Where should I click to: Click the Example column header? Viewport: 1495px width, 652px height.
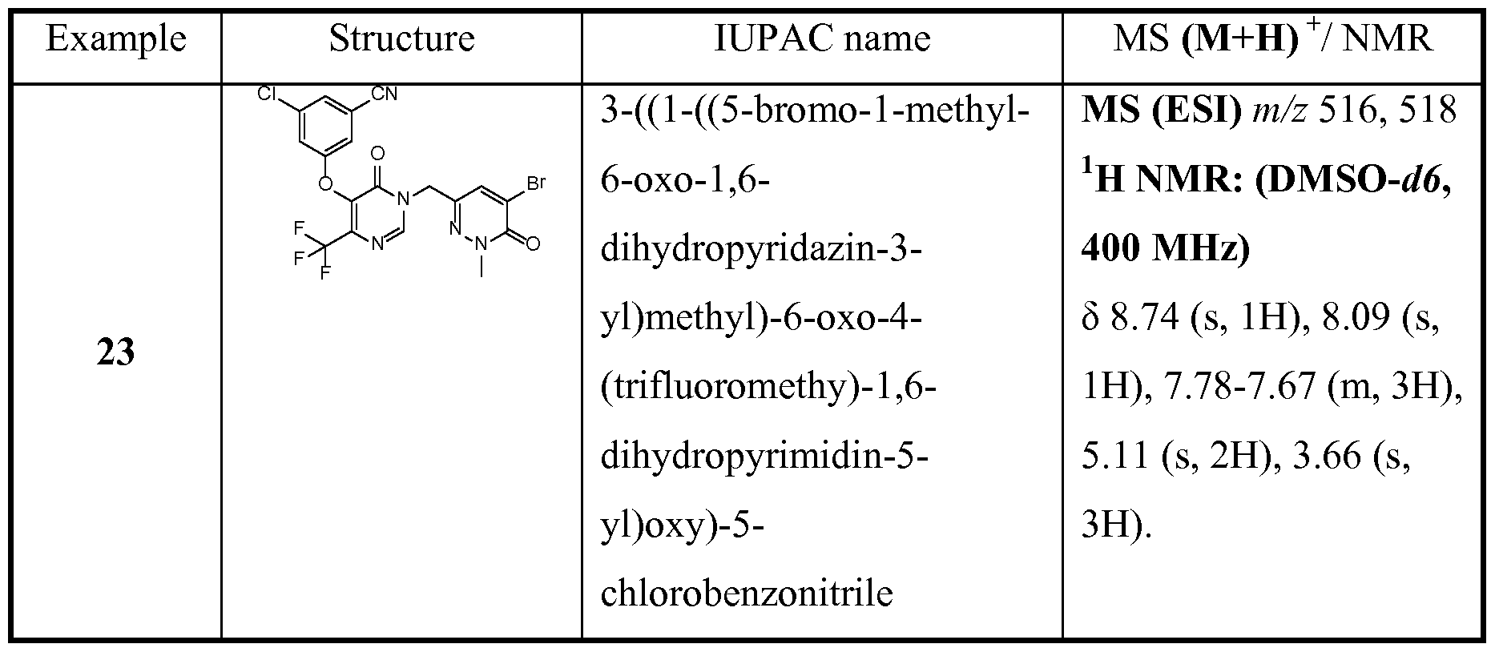point(116,38)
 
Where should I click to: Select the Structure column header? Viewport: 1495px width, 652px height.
point(401,38)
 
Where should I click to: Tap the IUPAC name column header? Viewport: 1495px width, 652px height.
point(822,38)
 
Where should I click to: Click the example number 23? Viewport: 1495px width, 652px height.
point(116,353)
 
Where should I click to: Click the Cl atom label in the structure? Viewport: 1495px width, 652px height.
point(268,94)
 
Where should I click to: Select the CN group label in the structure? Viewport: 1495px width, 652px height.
point(385,95)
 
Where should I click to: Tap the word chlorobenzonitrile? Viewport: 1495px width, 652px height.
point(747,594)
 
